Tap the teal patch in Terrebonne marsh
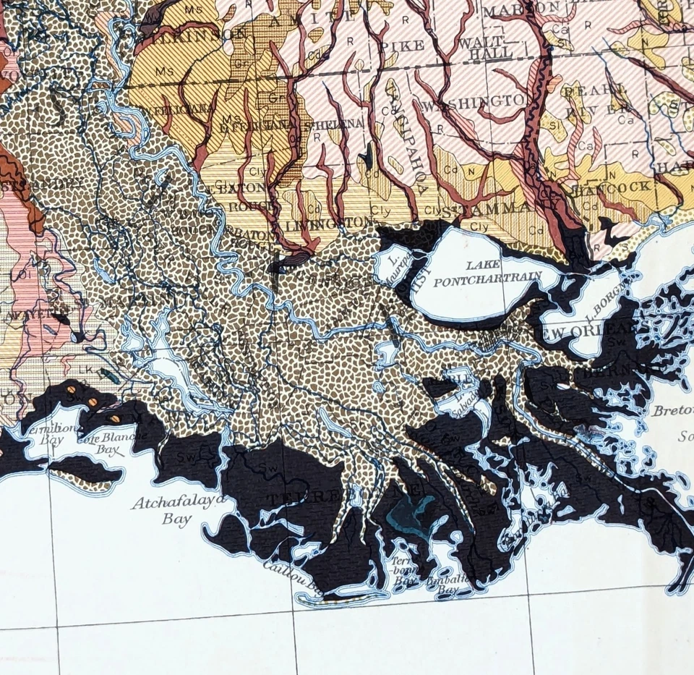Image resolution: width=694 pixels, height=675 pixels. click(x=409, y=513)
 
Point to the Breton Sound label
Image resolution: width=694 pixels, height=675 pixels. click(x=672, y=411)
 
